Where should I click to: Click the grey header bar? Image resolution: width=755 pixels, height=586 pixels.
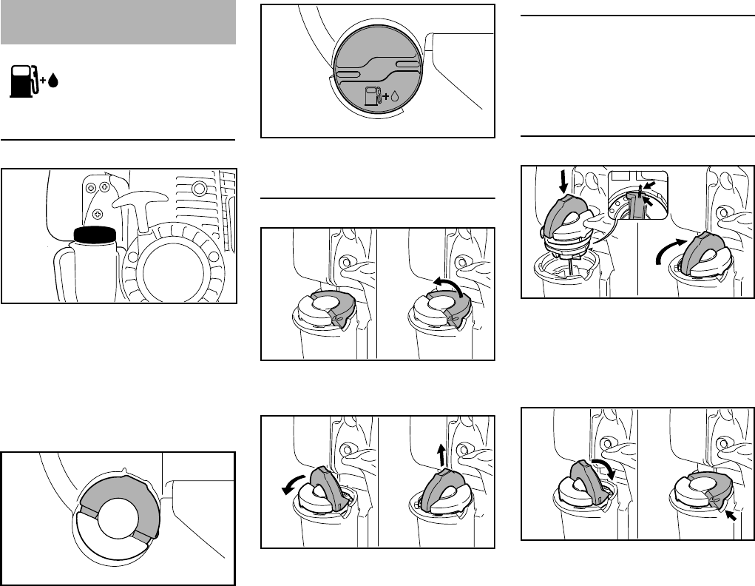tap(118, 23)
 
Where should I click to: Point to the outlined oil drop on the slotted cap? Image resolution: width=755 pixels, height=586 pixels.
tap(396, 96)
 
